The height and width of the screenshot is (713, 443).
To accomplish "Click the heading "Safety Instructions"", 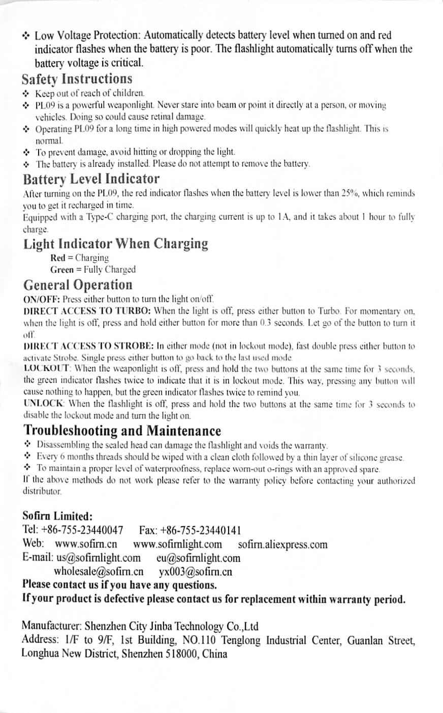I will (77, 79).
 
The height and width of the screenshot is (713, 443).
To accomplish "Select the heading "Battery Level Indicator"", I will (91, 179).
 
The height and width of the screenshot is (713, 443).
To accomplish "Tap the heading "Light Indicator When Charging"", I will (115, 243).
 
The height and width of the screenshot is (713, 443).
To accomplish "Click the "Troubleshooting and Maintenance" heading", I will (122, 431).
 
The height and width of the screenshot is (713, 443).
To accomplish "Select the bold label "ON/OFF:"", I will (42, 299).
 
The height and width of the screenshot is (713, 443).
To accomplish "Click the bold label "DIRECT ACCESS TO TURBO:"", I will (87, 310).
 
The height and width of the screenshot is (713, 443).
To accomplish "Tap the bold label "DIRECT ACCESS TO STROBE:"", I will (89, 346).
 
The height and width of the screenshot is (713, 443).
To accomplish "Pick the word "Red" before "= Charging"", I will (58, 258).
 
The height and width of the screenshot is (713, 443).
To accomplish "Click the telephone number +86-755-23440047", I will (84, 530).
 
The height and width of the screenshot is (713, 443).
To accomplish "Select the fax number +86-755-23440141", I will (201, 530).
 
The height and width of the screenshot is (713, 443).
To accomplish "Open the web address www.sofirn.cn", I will (86, 544).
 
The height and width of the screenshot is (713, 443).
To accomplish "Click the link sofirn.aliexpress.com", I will (282, 545).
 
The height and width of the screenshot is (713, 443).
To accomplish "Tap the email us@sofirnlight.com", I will (99, 558).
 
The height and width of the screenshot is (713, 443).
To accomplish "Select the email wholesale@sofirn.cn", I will (98, 571).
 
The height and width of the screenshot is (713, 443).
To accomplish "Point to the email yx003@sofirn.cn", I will (196, 571).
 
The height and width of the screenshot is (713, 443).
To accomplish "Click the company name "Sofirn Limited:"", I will (57, 516).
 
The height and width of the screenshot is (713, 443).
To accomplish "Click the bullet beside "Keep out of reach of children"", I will (27, 94).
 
